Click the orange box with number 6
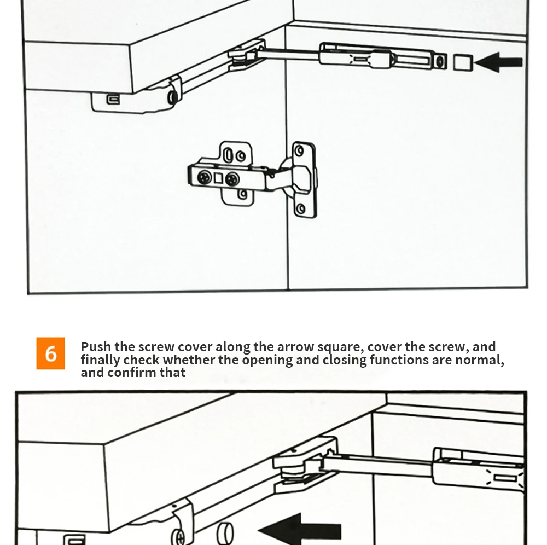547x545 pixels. click(50, 353)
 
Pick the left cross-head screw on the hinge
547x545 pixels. click(205, 177)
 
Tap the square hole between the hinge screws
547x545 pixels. click(219, 177)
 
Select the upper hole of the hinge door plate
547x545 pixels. click(298, 149)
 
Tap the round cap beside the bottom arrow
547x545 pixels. click(225, 532)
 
